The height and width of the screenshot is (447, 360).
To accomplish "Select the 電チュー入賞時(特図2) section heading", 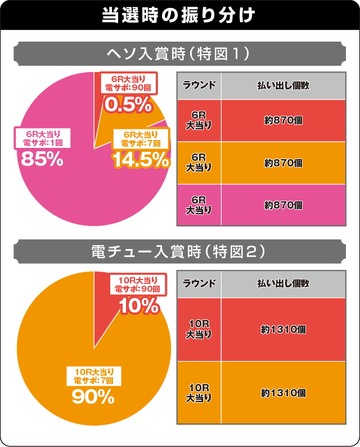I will (x=179, y=252).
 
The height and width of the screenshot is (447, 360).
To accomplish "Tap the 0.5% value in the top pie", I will (x=128, y=104).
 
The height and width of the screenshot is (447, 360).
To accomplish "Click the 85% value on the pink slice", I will (x=42, y=159).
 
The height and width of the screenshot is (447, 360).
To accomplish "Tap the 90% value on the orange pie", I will (x=93, y=397).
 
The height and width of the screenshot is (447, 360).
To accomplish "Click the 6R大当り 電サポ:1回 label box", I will (x=42, y=138).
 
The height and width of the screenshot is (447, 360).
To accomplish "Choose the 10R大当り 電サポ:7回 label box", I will (x=93, y=376).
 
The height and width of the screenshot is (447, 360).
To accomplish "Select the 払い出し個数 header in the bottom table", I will (x=283, y=283).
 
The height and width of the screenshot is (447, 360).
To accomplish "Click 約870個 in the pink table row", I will (x=283, y=205).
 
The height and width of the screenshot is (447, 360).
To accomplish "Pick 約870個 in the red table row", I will (x=283, y=120).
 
